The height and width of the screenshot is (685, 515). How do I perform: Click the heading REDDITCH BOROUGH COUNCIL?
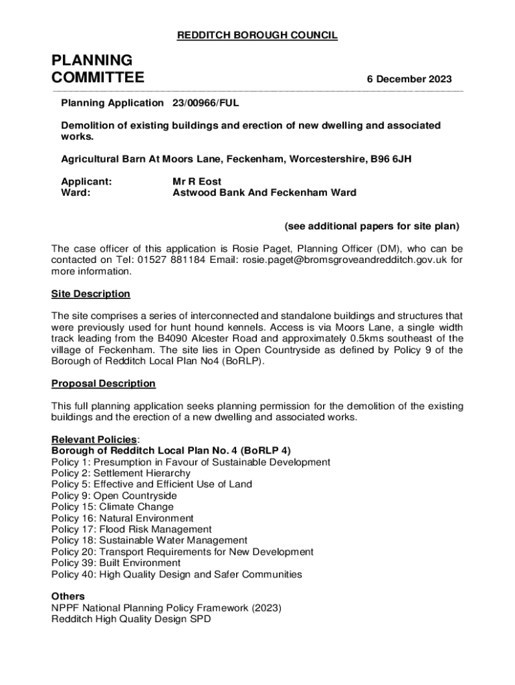pyautogui.click(x=257, y=35)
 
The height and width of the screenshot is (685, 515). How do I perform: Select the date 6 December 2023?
pyautogui.click(x=409, y=79)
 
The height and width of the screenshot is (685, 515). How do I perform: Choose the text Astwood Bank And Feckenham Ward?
pyautogui.click(x=264, y=193)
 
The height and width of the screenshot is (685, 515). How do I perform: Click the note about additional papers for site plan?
pyautogui.click(x=372, y=226)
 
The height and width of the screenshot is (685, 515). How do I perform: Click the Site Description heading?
pyautogui.click(x=91, y=294)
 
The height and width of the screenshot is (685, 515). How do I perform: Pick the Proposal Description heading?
pyautogui.click(x=103, y=383)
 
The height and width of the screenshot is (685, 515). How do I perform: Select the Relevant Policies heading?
pyautogui.click(x=94, y=439)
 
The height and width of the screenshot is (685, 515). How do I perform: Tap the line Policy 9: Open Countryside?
pyautogui.click(x=114, y=496)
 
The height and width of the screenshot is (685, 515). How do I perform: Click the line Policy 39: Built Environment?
pyautogui.click(x=116, y=563)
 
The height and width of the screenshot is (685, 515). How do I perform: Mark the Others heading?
pyautogui.click(x=68, y=596)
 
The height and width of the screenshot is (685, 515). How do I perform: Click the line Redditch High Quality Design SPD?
pyautogui.click(x=130, y=619)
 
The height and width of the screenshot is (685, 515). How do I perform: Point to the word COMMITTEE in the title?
pyautogui.click(x=98, y=78)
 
